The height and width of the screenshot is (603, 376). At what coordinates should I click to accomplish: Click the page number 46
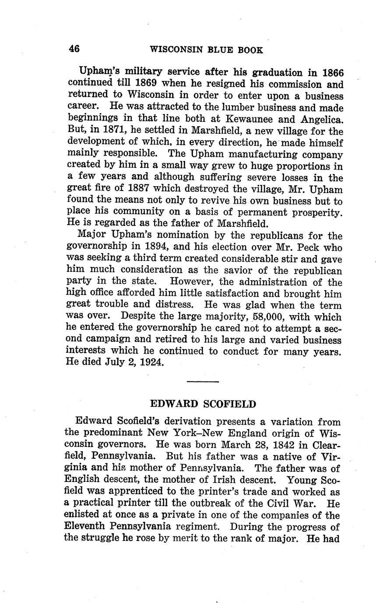(x=74, y=49)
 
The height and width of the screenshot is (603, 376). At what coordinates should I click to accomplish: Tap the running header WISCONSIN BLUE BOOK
(x=207, y=50)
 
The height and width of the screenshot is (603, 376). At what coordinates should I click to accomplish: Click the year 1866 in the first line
(x=333, y=73)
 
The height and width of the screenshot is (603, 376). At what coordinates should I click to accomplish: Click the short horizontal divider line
(x=203, y=382)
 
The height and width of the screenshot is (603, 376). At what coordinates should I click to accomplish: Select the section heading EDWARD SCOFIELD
(x=203, y=404)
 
